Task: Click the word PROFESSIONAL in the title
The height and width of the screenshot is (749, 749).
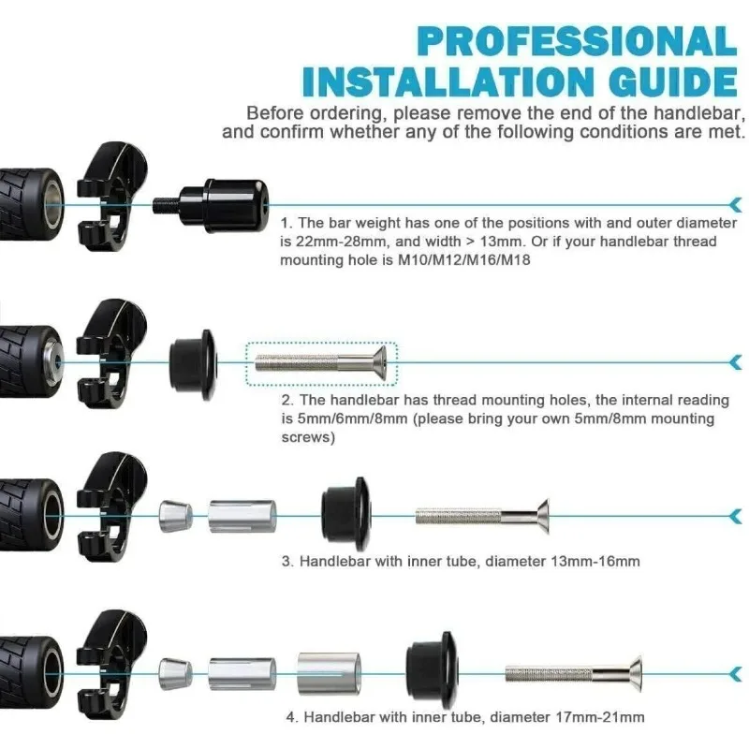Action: coord(578,41)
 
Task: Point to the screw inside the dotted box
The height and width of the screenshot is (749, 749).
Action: coord(320,363)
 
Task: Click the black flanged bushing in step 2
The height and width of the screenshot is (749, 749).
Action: coord(194,363)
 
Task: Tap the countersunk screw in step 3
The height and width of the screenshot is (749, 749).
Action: coord(482,517)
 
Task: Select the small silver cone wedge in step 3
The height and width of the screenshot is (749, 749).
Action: coord(175,517)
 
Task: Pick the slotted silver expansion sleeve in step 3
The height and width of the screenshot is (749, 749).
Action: coord(242,517)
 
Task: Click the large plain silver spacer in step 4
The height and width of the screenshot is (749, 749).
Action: coord(330,673)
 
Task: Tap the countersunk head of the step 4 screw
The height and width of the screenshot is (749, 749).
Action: coord(634,673)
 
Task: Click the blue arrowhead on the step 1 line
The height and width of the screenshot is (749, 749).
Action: coord(736,205)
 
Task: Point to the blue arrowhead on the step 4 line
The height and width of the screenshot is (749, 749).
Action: coord(736,674)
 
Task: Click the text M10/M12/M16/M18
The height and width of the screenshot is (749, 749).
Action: coord(463,260)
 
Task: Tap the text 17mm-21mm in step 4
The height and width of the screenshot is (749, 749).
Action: coord(600,717)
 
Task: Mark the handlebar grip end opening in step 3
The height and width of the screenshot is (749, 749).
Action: coord(52,516)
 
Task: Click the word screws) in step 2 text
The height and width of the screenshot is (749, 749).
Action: coord(308,437)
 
